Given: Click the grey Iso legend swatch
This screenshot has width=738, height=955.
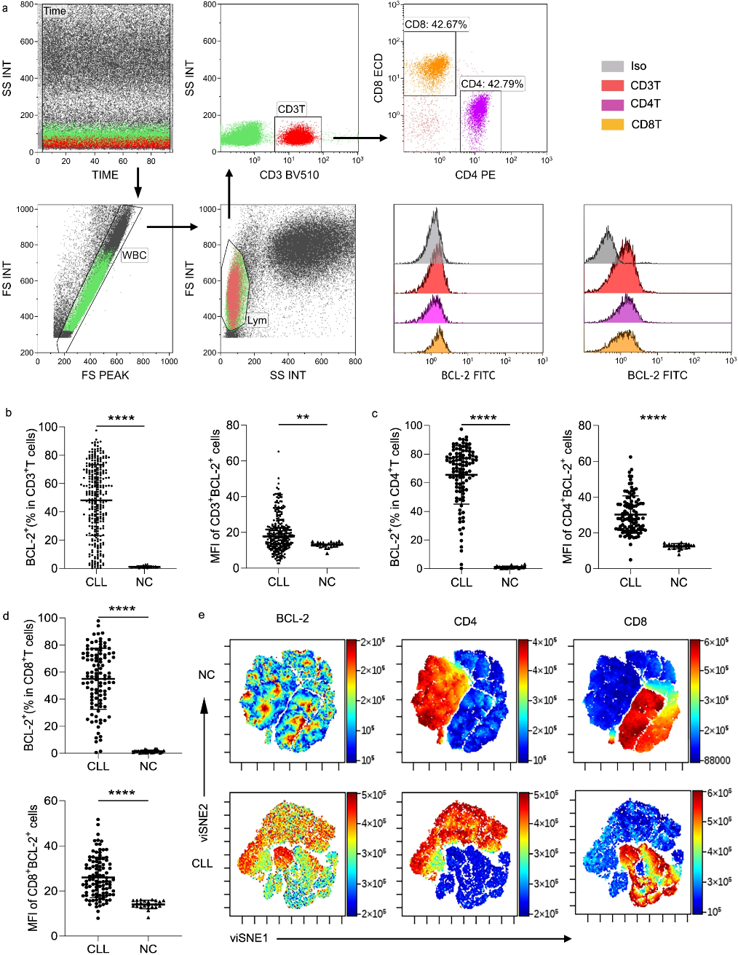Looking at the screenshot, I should click(612, 66).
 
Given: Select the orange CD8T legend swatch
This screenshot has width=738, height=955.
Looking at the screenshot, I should click(612, 125).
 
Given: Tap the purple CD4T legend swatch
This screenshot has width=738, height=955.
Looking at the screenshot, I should click(612, 105).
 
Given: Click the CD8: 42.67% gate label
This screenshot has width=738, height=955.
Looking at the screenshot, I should click(436, 25).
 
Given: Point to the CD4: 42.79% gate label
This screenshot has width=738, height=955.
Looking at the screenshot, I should click(492, 84).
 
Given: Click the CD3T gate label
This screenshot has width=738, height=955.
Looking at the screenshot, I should click(291, 109).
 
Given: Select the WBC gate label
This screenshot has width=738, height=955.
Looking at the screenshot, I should click(134, 256).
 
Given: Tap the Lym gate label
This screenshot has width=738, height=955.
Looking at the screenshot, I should click(257, 320).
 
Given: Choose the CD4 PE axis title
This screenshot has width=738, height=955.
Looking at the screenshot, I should click(475, 175).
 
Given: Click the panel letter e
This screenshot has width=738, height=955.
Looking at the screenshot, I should click(202, 616).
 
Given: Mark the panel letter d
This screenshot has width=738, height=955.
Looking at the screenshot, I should click(7, 616).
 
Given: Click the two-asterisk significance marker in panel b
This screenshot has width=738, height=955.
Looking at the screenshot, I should click(303, 418).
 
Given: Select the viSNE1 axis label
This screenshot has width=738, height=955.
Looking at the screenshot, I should click(250, 938).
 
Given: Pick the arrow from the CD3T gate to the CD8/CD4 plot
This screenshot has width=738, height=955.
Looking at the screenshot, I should click(360, 136).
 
